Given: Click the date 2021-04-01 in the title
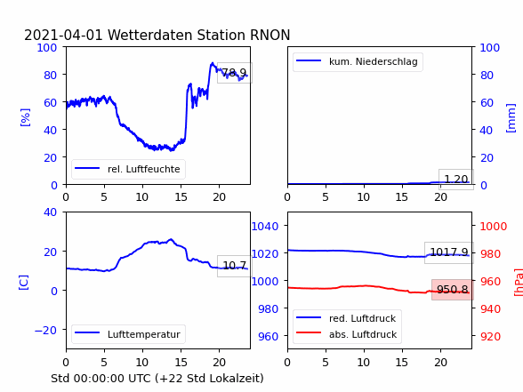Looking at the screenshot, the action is [63, 35].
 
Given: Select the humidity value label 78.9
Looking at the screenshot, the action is [234, 72].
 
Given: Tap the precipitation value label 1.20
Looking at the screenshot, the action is [456, 180].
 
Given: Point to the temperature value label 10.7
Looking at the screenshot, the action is [234, 265].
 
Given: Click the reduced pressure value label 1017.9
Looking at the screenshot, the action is [449, 252].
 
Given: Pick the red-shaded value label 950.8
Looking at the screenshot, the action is [452, 290].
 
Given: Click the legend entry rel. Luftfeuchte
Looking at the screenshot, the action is [144, 169].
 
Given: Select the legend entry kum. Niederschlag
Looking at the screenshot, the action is [374, 61].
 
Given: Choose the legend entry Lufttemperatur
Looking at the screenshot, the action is [144, 334].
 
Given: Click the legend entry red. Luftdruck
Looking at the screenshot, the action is [362, 318].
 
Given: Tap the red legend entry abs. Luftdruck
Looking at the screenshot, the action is [363, 334].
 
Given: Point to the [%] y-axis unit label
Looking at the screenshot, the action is [25, 117].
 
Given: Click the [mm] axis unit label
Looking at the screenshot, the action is [511, 118].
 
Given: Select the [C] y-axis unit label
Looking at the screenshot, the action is [24, 283].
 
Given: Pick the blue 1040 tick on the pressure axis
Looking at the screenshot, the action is [265, 227].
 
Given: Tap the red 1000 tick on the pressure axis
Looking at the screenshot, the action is [494, 227].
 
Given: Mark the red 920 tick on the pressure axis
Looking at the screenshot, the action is [490, 336].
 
